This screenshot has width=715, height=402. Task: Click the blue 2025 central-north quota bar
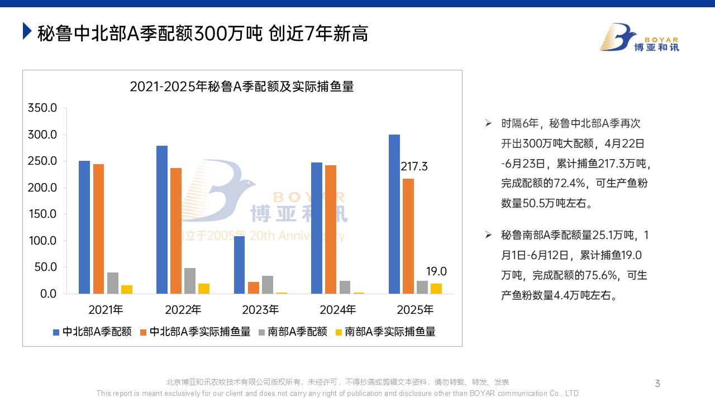394,214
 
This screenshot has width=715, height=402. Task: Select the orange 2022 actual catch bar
176,231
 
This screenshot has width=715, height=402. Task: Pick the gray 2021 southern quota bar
113,283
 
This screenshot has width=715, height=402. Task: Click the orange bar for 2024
331,229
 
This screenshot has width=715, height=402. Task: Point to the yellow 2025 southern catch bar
436,289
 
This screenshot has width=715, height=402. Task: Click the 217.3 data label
414,166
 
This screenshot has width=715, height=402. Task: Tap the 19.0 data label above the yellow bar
436,272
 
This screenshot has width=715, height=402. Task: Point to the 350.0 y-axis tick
42,108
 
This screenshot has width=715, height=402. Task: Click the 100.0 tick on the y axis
42,241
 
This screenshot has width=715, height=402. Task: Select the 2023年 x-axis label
260,310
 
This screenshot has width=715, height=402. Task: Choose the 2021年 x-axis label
106,310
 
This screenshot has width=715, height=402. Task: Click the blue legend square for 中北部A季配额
56,332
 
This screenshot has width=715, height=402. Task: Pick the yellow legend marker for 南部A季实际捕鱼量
339,332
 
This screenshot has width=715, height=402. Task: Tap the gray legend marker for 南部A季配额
261,332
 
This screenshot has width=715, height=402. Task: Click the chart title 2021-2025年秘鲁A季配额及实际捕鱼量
242,87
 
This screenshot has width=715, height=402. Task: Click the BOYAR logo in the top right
640,37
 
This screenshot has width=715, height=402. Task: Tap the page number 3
657,384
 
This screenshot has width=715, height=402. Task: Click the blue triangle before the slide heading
27,31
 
